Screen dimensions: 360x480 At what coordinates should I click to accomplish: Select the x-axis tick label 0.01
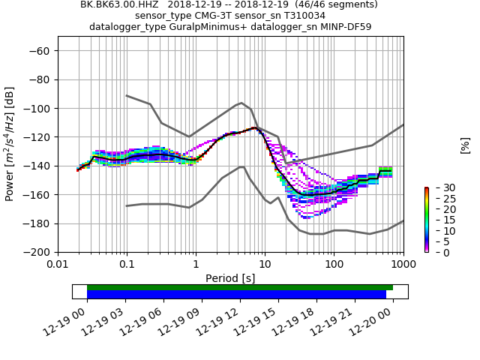coord(58,265)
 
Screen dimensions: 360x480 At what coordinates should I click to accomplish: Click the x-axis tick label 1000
coord(403,265)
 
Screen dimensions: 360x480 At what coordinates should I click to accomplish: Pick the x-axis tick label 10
coord(265,265)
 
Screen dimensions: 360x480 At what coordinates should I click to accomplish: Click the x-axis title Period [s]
coord(230,278)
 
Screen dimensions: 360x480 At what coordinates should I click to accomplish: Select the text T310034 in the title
coord(301,16)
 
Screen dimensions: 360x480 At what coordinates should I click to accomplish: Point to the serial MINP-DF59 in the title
coord(342,27)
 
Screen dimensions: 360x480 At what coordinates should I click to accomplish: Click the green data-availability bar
coord(240,287)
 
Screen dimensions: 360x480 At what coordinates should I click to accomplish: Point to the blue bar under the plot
coord(236,294)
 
